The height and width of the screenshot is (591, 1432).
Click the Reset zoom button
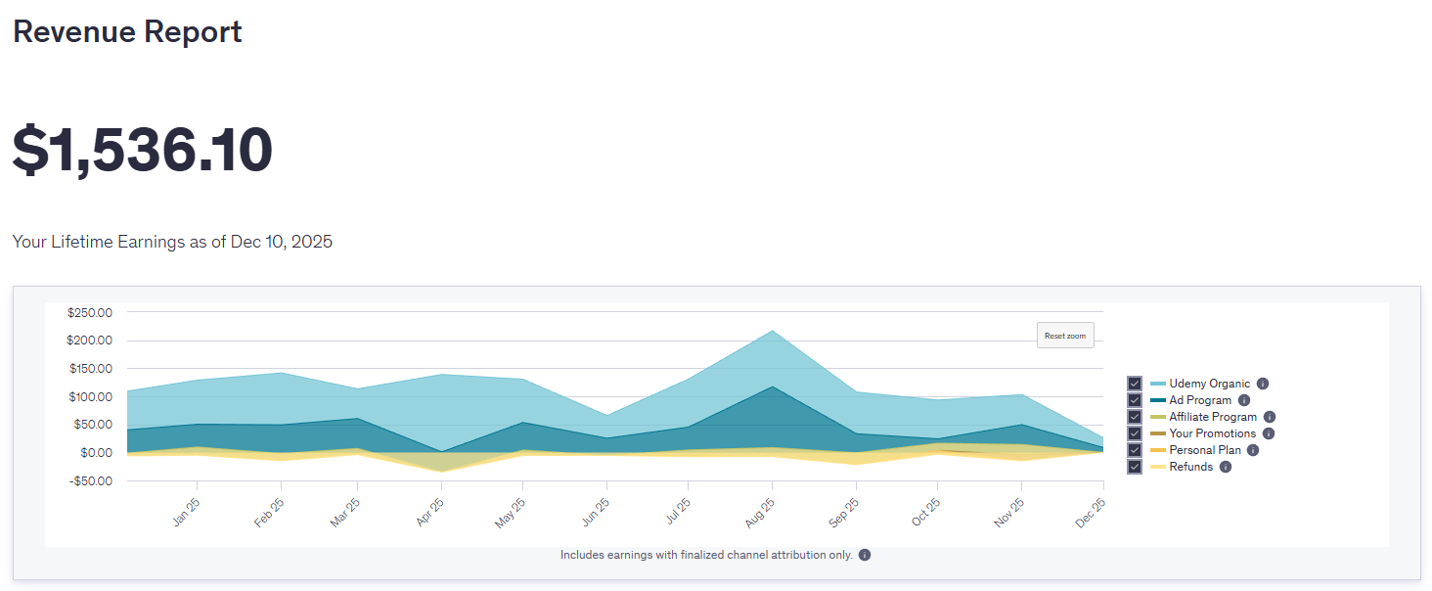tap(1065, 336)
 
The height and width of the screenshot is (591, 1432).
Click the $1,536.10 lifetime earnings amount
tap(143, 151)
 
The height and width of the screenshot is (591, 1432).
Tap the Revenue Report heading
tap(127, 31)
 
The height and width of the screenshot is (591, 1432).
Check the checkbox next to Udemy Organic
tap(1134, 384)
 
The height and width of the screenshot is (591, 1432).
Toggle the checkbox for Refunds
tap(1134, 467)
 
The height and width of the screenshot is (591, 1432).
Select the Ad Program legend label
tap(1200, 400)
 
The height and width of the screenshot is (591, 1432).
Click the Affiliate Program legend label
tap(1213, 417)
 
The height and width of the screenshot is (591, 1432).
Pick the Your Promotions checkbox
tap(1134, 433)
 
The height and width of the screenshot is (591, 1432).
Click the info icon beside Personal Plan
tap(1253, 450)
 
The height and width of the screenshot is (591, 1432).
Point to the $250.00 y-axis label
tap(90, 312)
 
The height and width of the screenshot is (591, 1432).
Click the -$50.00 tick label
tap(90, 480)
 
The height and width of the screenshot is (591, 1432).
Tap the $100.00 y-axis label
tap(90, 396)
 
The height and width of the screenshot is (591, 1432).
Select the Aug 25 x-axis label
tap(759, 513)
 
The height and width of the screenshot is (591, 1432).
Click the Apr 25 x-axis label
tap(429, 513)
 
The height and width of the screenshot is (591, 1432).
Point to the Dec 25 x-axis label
tap(1090, 513)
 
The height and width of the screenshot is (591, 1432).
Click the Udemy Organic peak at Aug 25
tap(773, 331)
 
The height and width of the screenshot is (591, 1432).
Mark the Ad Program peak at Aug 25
tap(773, 386)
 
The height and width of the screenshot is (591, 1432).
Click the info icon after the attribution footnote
tap(865, 555)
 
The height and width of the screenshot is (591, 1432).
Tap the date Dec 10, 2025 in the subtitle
tap(282, 242)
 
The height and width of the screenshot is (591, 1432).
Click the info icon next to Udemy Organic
tap(1263, 384)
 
